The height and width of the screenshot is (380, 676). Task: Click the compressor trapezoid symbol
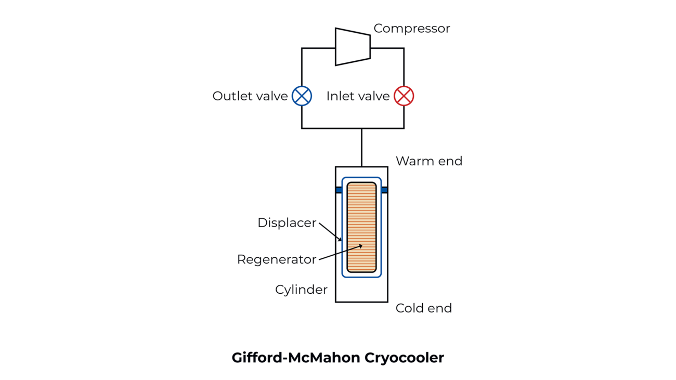[353, 47]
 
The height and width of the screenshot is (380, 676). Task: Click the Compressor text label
[411, 29]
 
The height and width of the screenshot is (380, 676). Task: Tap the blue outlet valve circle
[302, 96]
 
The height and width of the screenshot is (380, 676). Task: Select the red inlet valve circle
[404, 96]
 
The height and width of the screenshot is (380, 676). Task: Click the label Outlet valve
[250, 96]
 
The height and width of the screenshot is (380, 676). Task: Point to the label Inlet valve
[358, 96]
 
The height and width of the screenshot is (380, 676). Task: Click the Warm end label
[428, 161]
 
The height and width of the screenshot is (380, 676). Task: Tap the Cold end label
[423, 308]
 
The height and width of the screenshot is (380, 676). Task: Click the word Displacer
[287, 223]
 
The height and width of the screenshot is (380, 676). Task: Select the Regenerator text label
[276, 259]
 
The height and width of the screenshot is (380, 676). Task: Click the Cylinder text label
[301, 290]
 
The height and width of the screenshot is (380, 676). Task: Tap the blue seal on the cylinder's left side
[339, 190]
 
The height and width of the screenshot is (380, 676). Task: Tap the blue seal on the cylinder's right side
[384, 190]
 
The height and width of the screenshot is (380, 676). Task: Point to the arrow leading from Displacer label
[330, 232]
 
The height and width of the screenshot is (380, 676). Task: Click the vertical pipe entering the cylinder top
[361, 148]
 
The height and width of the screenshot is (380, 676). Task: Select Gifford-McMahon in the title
[296, 358]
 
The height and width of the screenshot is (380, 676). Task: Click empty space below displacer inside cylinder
[361, 290]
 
